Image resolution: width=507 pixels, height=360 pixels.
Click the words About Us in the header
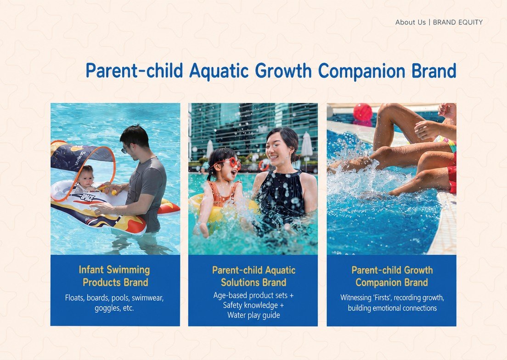pos(410,22)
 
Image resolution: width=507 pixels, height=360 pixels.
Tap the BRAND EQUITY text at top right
pos(458,22)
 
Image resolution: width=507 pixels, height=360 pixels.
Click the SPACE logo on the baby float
pos(87,197)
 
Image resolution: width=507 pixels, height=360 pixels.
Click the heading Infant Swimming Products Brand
pos(115,276)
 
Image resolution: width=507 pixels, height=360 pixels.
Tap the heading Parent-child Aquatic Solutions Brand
pos(253,276)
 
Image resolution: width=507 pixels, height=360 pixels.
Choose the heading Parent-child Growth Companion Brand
pos(392,276)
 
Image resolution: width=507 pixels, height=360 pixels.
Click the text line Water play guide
pos(253,315)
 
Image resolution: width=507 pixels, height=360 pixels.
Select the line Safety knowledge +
pos(253,305)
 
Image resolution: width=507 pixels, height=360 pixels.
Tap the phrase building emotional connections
pos(392,308)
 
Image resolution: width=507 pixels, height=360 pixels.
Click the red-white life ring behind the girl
pos(264,165)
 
